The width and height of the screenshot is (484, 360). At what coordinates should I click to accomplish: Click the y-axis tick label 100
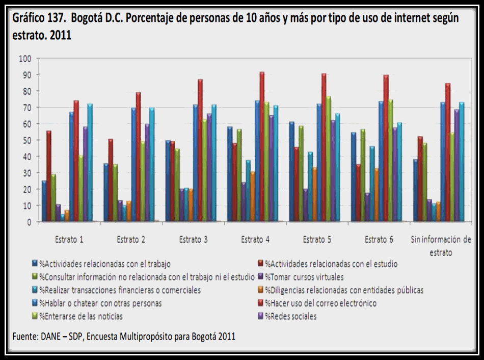pyautogui.click(x=25, y=59)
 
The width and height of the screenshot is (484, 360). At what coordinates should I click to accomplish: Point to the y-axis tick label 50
pyautogui.click(x=27, y=140)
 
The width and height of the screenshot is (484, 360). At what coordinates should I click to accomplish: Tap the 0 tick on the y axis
pyautogui.click(x=29, y=222)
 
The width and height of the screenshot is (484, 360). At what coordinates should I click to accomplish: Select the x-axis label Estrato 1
pyautogui.click(x=70, y=239)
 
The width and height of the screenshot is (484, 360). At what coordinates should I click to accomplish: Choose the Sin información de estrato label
pyautogui.click(x=441, y=245)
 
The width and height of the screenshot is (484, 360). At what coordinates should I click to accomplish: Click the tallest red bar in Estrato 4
pyautogui.click(x=262, y=148)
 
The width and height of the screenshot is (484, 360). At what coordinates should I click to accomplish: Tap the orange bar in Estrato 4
pyautogui.click(x=252, y=197)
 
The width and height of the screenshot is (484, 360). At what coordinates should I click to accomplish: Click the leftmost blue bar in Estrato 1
pyautogui.click(x=44, y=201)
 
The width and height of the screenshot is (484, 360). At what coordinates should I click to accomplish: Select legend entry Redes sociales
pyautogui.click(x=290, y=316)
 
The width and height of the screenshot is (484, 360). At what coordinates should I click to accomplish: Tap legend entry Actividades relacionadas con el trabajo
pyautogui.click(x=104, y=264)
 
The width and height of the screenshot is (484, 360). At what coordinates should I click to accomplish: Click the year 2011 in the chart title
pyautogui.click(x=61, y=36)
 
